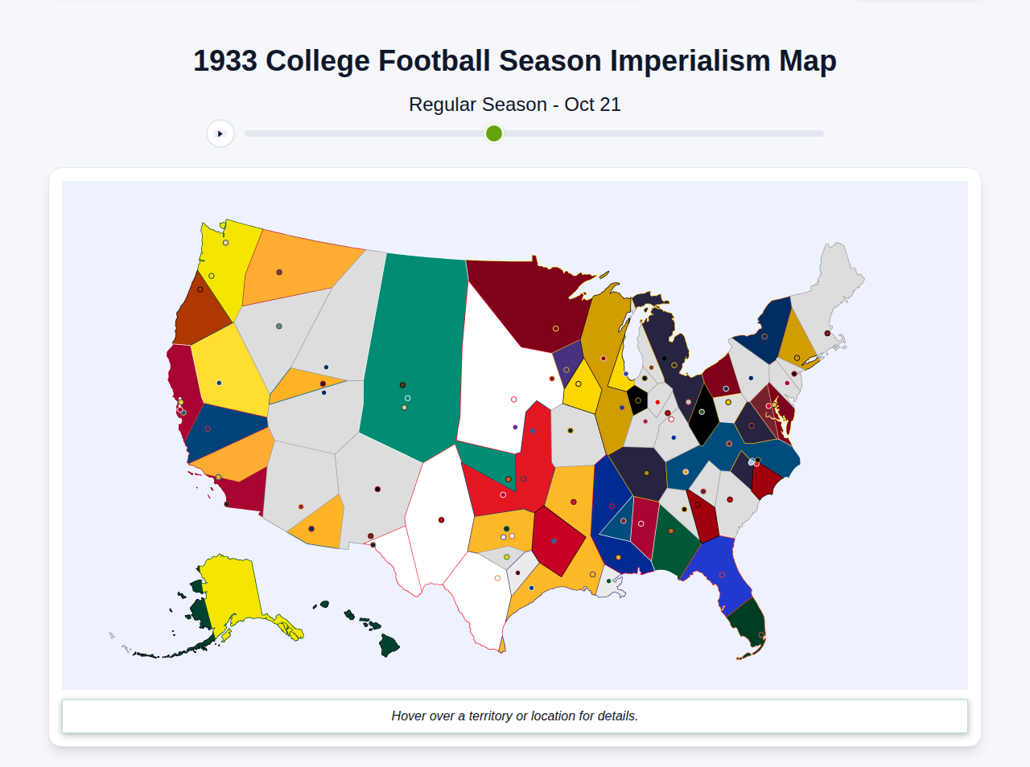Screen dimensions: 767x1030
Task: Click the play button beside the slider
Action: [220, 133]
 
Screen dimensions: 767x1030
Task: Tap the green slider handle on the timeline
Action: [494, 133]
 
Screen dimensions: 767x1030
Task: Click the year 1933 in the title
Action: [225, 61]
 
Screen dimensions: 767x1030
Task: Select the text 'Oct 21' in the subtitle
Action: [592, 105]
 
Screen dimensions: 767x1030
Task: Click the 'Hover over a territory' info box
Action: [515, 716]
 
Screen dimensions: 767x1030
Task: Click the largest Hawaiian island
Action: [389, 645]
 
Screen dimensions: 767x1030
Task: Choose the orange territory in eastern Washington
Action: [298, 265]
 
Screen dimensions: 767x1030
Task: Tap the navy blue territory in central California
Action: [225, 430]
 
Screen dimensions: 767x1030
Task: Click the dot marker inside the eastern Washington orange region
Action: [279, 273]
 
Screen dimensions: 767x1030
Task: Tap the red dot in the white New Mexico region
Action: [441, 520]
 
